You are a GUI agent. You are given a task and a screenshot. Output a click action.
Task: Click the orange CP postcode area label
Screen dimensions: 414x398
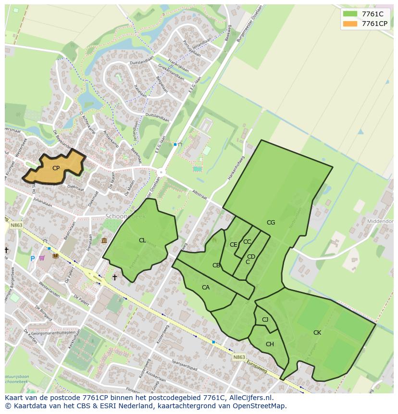[x=56, y=168]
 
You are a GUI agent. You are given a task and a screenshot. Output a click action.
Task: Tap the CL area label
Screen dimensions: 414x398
[x=142, y=240]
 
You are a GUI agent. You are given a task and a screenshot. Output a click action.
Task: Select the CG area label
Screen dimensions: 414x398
[x=271, y=223]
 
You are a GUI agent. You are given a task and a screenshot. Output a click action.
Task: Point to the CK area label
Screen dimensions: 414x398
[x=317, y=333]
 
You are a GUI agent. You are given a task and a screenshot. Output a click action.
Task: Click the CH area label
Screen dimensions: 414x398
[x=270, y=344]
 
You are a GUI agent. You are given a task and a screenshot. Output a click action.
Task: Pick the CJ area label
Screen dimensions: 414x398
[x=265, y=320]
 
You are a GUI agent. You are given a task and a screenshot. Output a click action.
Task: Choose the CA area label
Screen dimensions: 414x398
[x=206, y=288]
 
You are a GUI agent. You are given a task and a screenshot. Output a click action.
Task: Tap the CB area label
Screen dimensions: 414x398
[x=216, y=265]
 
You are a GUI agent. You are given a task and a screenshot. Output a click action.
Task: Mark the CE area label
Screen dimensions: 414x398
[x=233, y=245]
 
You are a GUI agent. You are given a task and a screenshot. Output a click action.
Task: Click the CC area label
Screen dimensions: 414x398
[x=247, y=242]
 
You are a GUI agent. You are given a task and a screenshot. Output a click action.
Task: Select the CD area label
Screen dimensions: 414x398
[x=251, y=257]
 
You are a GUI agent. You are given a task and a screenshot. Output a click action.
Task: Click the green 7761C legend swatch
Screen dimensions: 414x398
[x=350, y=14]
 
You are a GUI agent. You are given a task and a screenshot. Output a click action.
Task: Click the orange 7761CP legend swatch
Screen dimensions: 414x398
[x=350, y=24]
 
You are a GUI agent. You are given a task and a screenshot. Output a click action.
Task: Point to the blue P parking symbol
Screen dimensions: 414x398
[x=33, y=259]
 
